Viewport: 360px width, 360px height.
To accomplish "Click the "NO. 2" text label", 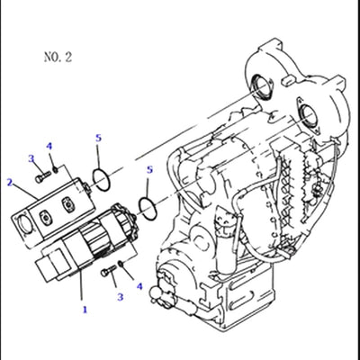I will tap(58, 57).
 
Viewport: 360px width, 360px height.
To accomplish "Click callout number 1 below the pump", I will tap(85, 309).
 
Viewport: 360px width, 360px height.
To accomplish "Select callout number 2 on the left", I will tap(9, 183).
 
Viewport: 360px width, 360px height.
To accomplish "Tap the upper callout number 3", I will tap(31, 159).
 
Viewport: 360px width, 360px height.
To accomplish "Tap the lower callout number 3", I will tap(118, 296).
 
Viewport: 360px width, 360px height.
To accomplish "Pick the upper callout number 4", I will tap(49, 146).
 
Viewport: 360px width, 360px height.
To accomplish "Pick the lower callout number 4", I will tap(139, 287).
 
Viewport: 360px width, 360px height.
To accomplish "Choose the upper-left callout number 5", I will tap(98, 138).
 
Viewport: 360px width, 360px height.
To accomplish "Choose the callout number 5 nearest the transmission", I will tap(148, 169).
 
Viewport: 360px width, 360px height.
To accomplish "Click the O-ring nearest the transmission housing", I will tap(144, 210).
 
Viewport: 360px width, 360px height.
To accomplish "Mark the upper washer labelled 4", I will tap(56, 169).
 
